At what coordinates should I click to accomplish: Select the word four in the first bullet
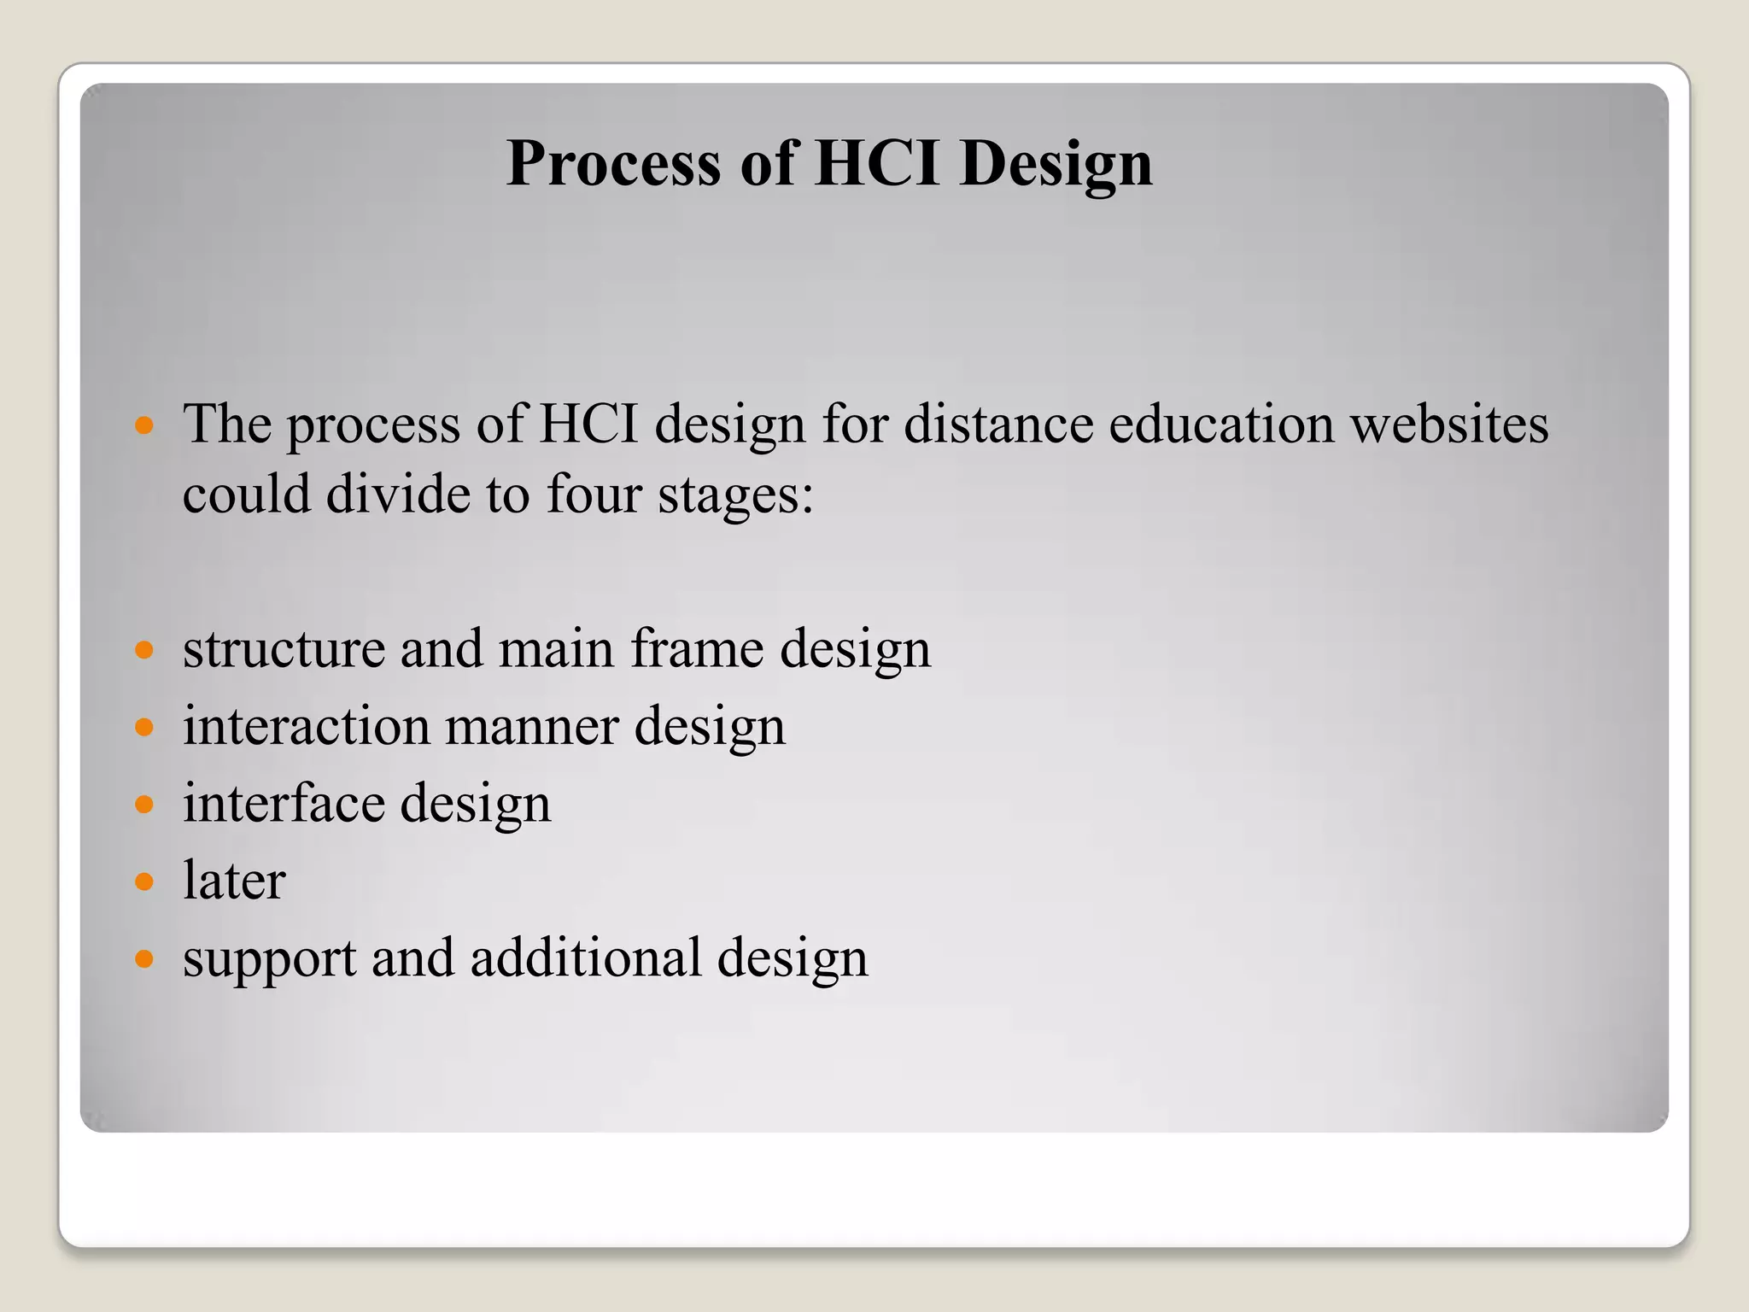[x=593, y=495]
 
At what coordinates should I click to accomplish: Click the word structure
[x=284, y=649]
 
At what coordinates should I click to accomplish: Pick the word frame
[x=696, y=649]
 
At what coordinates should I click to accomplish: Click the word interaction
[x=306, y=727]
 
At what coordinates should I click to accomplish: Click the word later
[x=234, y=881]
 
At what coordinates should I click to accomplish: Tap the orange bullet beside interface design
[x=144, y=805]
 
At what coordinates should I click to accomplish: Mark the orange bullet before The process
[x=144, y=425]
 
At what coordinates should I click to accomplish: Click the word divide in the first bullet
[x=398, y=495]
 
